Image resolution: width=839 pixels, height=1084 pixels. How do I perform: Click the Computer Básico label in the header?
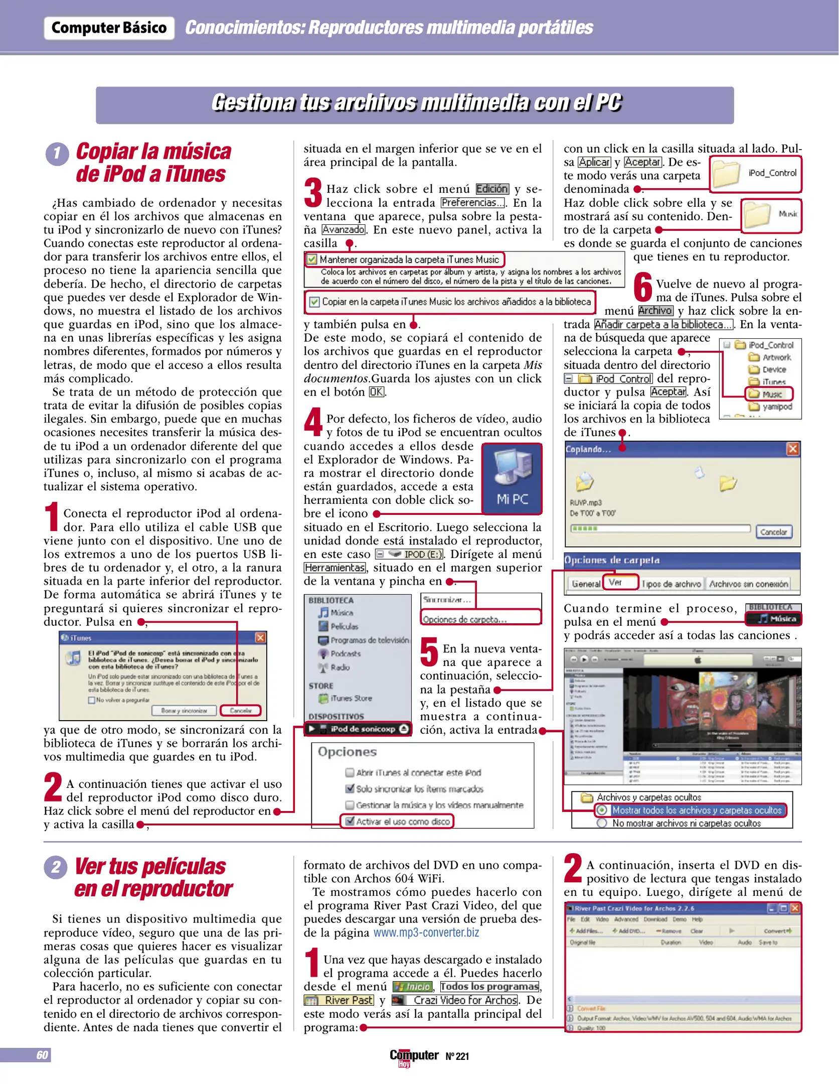click(109, 28)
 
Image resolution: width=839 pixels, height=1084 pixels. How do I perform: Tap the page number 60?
click(42, 1055)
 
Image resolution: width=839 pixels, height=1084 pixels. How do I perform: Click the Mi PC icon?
click(512, 478)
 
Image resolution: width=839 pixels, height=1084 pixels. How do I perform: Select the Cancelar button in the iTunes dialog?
click(241, 710)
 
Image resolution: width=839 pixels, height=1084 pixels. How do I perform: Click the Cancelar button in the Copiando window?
click(773, 532)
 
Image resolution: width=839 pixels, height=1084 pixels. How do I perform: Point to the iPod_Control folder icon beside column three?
click(725, 174)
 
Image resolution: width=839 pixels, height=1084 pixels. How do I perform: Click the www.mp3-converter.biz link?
click(426, 932)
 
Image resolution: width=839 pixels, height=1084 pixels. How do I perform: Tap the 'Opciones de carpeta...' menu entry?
click(465, 619)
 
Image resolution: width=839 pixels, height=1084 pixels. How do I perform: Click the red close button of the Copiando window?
click(792, 449)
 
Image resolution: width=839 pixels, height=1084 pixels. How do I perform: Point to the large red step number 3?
click(313, 192)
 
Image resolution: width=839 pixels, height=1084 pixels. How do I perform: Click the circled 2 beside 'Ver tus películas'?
click(56, 867)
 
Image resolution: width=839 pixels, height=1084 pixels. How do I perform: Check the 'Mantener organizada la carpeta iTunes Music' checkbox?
click(312, 259)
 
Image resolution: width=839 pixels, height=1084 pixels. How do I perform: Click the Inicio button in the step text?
click(412, 986)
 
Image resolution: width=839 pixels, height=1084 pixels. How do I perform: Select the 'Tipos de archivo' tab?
click(671, 584)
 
